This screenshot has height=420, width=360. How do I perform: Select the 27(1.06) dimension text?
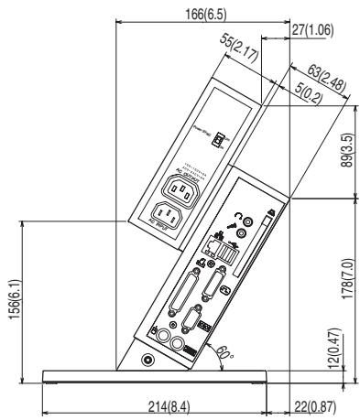pos(311,30)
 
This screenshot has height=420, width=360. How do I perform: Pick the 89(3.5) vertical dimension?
pos(345,147)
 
